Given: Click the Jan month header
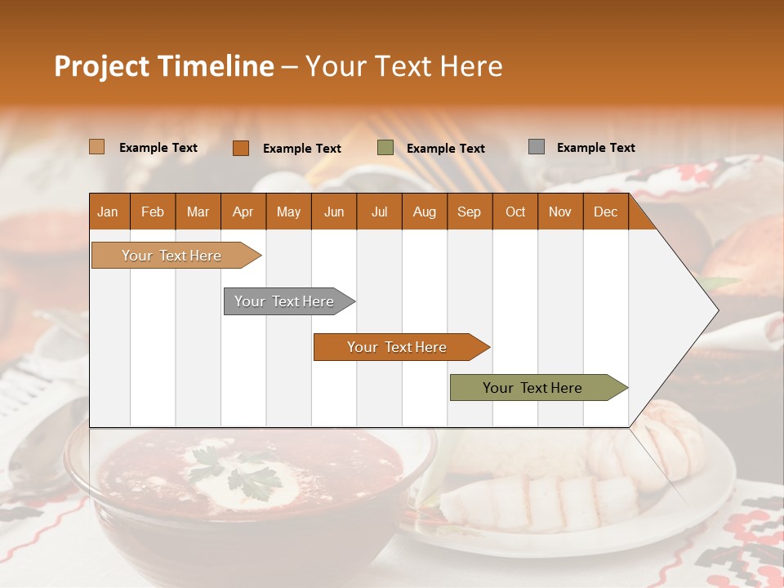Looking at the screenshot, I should pyautogui.click(x=108, y=212).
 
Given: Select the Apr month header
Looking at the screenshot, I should pyautogui.click(x=243, y=212).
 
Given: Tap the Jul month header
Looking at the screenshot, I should pyautogui.click(x=379, y=212).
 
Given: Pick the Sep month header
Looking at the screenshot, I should pyautogui.click(x=469, y=212).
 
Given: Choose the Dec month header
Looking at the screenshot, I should pyautogui.click(x=605, y=212).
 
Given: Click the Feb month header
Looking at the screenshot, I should pyautogui.click(x=153, y=212).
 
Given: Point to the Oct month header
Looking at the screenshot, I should pyautogui.click(x=514, y=212).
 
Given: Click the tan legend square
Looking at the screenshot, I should pyautogui.click(x=96, y=147).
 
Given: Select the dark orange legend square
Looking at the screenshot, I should pyautogui.click(x=240, y=148).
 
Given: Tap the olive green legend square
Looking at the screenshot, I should pyautogui.click(x=385, y=148).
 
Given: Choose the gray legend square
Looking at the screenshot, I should pyautogui.click(x=536, y=147).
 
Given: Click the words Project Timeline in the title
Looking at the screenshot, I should pyautogui.click(x=163, y=66).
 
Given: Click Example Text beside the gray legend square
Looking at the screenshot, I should pyautogui.click(x=595, y=148).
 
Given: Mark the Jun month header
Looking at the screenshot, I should pyautogui.click(x=333, y=212).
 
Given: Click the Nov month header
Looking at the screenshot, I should pyautogui.click(x=559, y=212).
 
